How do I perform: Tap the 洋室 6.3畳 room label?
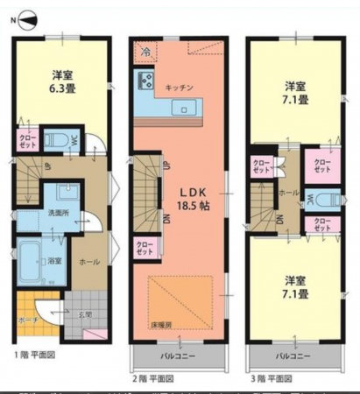tap(61, 81)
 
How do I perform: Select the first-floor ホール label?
tap(88, 260)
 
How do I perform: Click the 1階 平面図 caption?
tap(35, 355)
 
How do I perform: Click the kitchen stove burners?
tap(144, 84)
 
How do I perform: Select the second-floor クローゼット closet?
tap(145, 249)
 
